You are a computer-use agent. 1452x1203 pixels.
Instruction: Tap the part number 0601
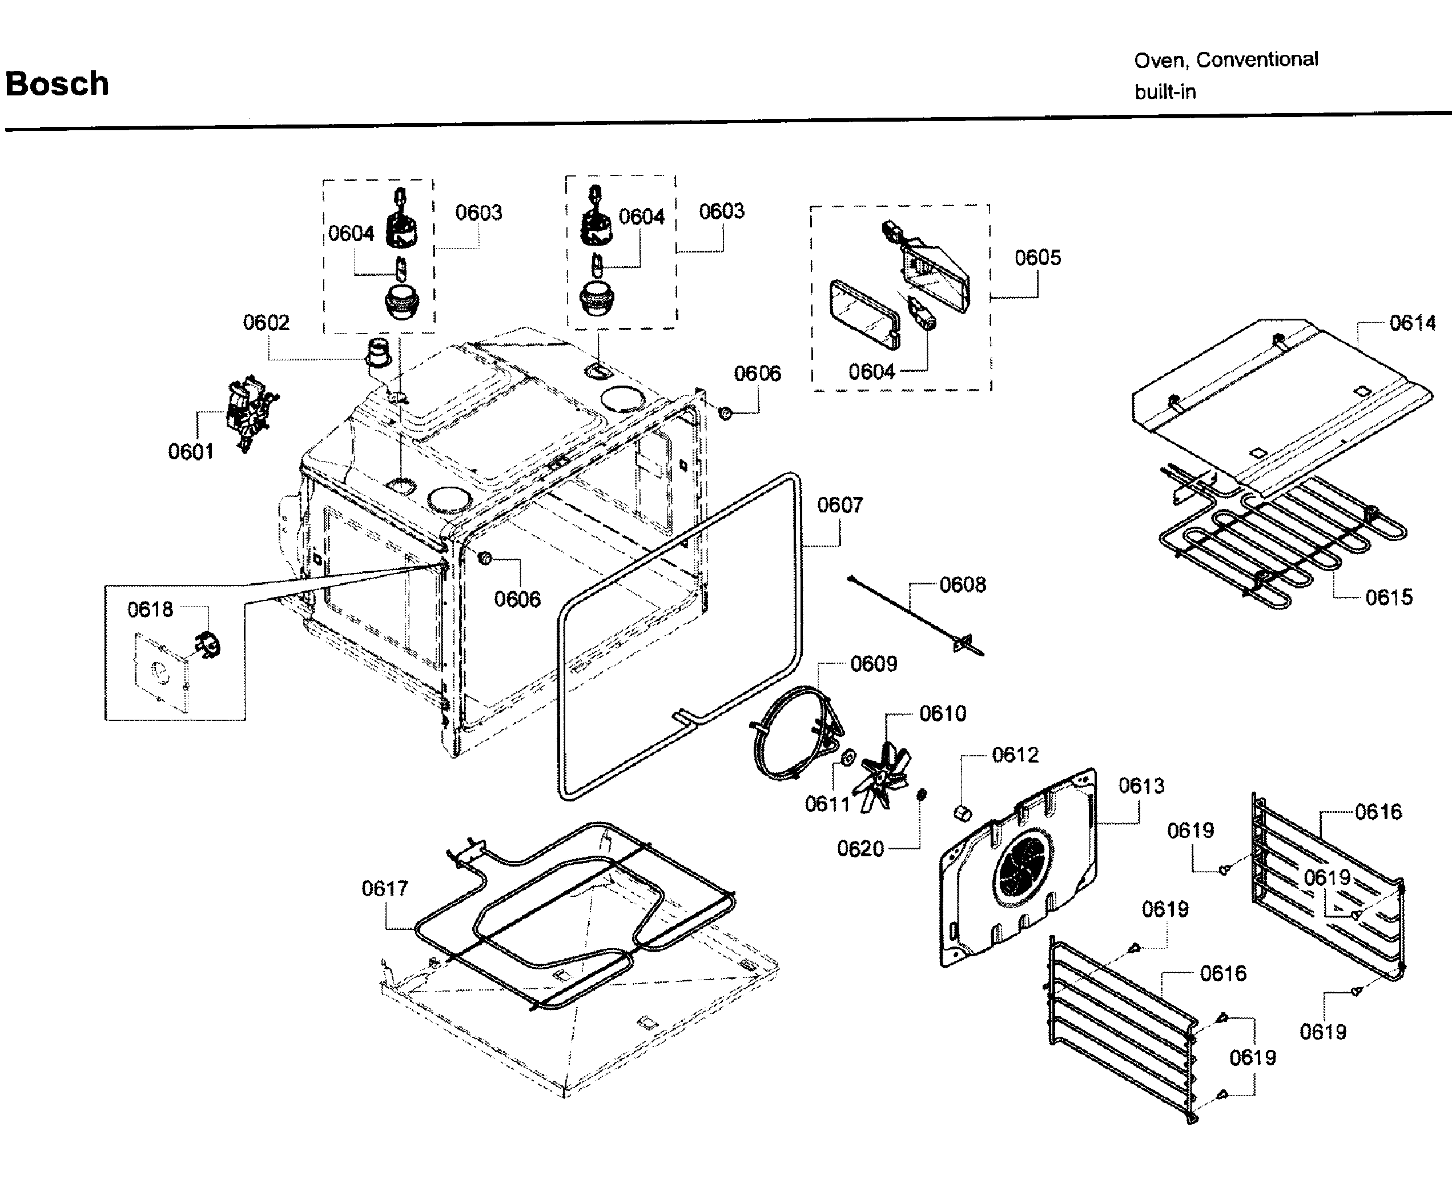pos(191,452)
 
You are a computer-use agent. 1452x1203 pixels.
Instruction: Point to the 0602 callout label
pos(266,322)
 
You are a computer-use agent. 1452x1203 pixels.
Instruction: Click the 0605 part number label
pos(1037,258)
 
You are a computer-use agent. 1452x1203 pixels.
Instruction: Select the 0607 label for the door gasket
pos(839,505)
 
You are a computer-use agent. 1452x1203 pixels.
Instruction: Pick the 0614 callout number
pos(1412,323)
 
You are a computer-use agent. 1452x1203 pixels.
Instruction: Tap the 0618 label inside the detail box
pos(150,609)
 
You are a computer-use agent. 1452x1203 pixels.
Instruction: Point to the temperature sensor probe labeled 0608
pos(912,612)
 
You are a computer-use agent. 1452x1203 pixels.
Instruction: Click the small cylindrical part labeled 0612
pos(963,812)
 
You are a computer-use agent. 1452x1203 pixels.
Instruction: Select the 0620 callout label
pos(860,849)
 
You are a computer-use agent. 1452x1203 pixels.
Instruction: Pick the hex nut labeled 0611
pos(846,757)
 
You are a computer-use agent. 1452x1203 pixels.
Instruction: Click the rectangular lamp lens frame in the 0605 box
pos(864,315)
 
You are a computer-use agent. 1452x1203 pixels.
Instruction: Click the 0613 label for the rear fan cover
pos(1141,786)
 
